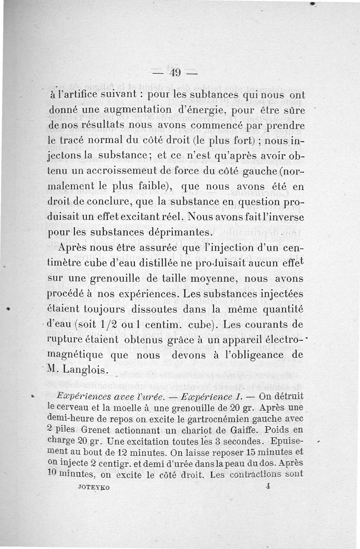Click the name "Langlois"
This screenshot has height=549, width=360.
click(x=88, y=370)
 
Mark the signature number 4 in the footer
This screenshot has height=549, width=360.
click(x=267, y=486)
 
